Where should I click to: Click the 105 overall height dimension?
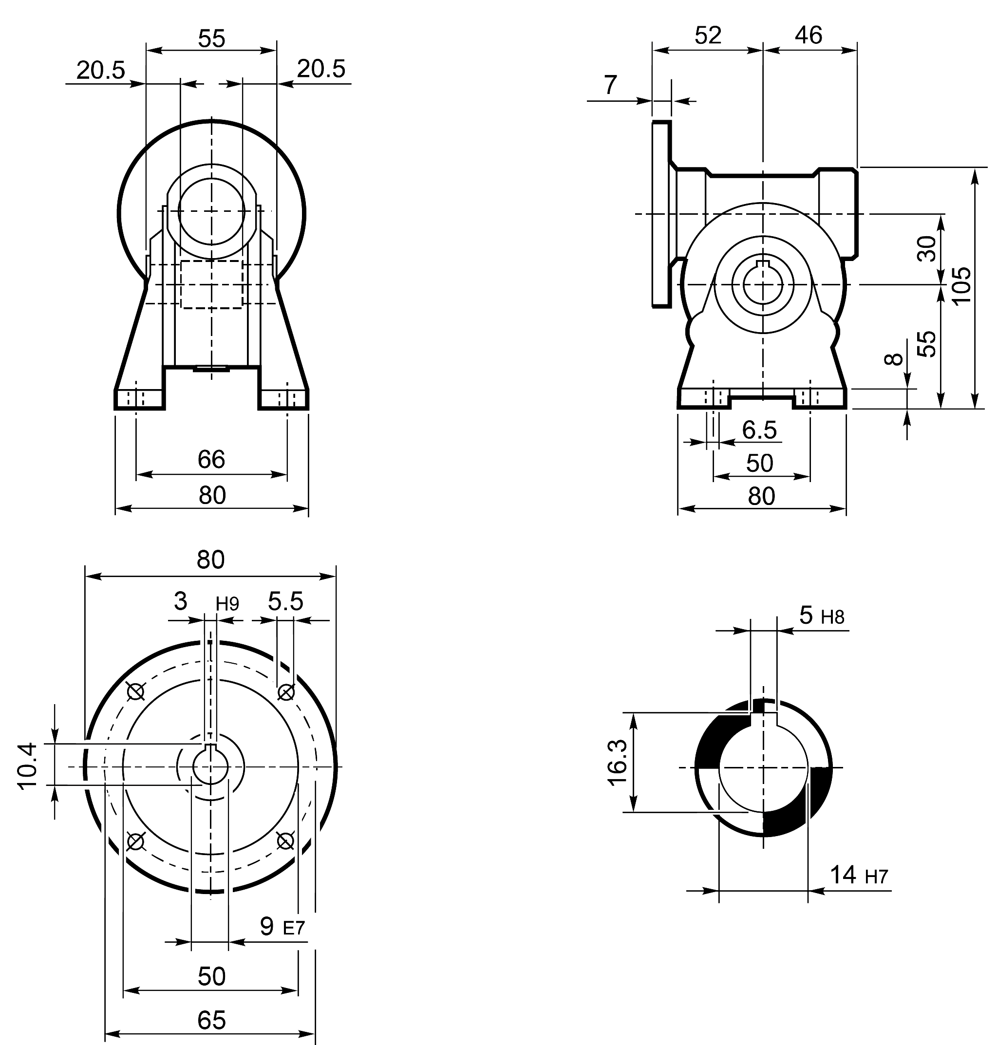coord(962,285)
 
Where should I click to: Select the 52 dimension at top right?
coord(708,36)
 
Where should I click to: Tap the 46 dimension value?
coord(809,36)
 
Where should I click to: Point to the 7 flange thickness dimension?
coord(611,85)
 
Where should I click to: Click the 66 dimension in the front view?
coord(211,460)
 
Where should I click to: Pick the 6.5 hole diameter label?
coord(759,430)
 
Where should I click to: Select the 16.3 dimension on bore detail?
coord(618,763)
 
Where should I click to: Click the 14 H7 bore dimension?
coord(858,875)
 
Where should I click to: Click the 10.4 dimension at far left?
coord(28,766)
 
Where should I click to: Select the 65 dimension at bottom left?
coord(211,1020)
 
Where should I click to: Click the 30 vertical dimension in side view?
coord(927,249)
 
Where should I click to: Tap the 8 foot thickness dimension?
coord(893,360)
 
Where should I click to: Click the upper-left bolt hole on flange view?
coord(136,691)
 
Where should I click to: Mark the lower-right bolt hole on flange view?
coord(286,841)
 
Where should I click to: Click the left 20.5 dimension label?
coord(100,71)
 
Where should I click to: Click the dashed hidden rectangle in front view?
coord(211,284)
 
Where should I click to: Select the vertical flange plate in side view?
coord(661,214)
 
